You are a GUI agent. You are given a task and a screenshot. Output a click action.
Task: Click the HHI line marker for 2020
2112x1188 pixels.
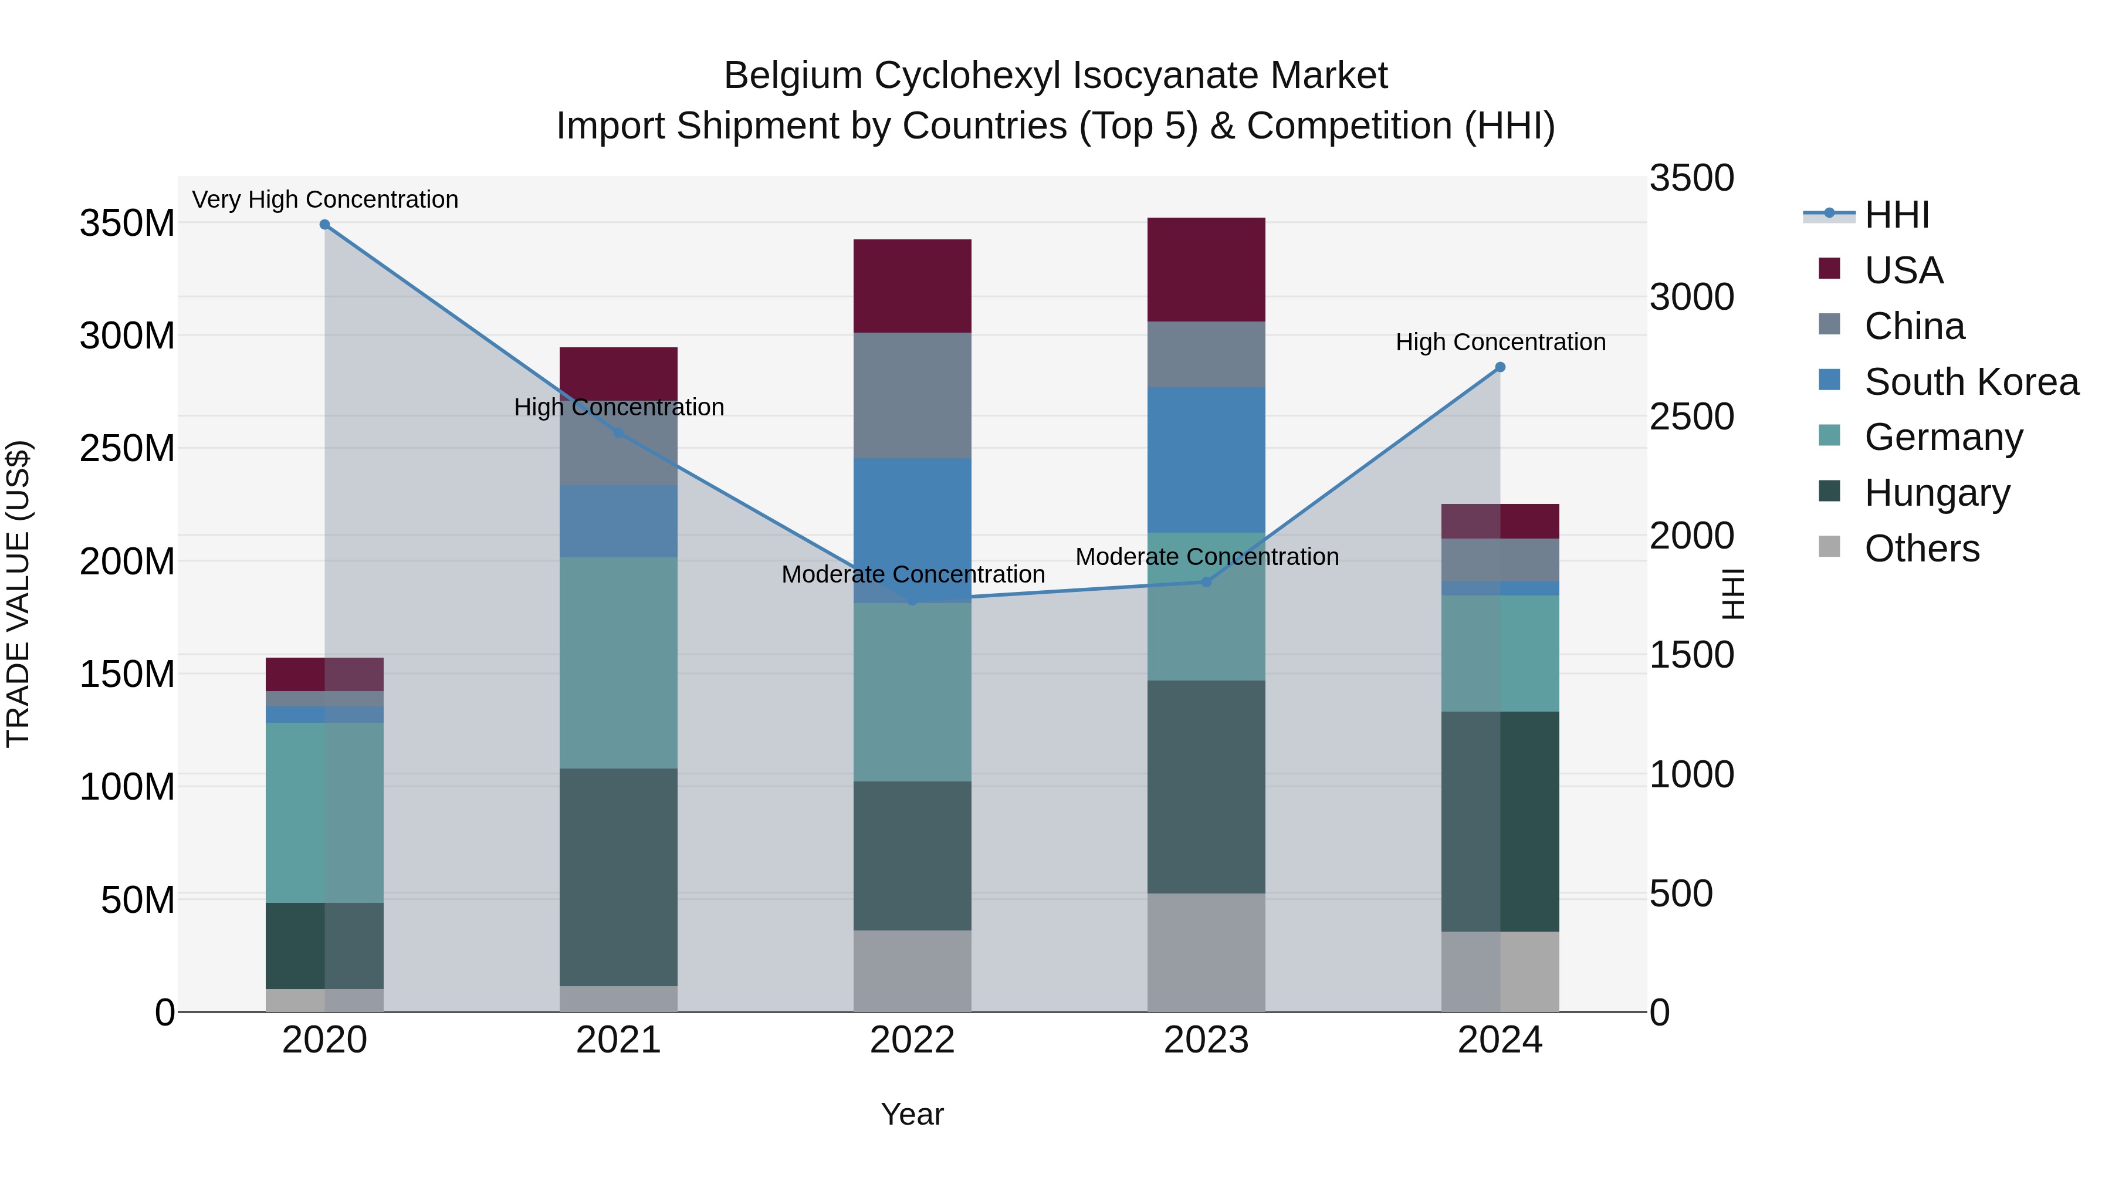[324, 225]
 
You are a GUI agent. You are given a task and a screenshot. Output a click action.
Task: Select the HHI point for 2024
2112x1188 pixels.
[1500, 367]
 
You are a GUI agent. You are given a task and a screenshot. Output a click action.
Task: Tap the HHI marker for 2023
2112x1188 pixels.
[1206, 582]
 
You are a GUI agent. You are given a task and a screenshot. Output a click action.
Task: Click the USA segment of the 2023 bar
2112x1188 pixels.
[1206, 270]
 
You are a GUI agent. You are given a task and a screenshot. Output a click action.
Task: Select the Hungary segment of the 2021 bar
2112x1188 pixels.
[618, 876]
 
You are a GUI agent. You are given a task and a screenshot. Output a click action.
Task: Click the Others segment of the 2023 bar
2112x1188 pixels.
[1206, 952]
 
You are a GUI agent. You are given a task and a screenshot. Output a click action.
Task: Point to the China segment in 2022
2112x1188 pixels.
[912, 395]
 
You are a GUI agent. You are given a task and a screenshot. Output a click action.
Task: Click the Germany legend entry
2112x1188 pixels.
[1943, 437]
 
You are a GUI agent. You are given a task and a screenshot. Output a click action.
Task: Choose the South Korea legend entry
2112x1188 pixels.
[1971, 382]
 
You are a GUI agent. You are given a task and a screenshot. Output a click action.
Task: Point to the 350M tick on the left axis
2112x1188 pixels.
[127, 223]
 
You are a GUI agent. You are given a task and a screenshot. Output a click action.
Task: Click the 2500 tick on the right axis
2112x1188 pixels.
[1691, 417]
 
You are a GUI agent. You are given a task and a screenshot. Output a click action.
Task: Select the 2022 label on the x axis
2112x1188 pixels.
[912, 1040]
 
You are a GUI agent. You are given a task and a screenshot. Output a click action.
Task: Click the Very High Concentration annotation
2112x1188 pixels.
[324, 199]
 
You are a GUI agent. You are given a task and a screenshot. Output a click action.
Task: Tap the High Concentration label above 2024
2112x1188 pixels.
[1500, 342]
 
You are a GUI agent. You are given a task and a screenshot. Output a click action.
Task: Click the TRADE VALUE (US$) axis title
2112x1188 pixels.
[18, 594]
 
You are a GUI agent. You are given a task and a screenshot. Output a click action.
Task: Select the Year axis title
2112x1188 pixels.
[912, 1114]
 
